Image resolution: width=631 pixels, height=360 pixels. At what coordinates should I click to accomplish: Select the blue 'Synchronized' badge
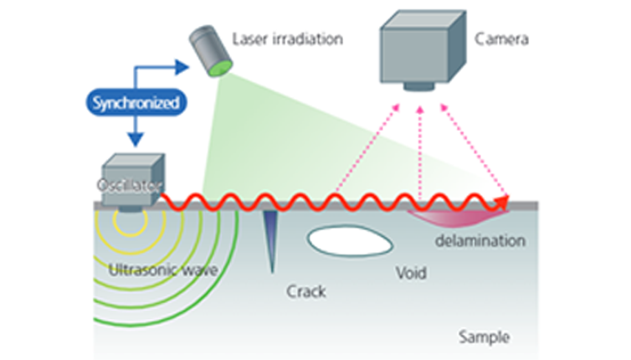click(x=135, y=104)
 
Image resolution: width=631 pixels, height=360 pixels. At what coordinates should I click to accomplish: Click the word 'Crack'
click(x=305, y=292)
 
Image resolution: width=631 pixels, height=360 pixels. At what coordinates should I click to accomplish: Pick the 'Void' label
click(x=411, y=274)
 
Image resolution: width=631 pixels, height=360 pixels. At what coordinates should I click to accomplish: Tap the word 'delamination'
click(x=480, y=241)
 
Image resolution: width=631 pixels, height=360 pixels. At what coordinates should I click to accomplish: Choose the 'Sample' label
click(x=485, y=337)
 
